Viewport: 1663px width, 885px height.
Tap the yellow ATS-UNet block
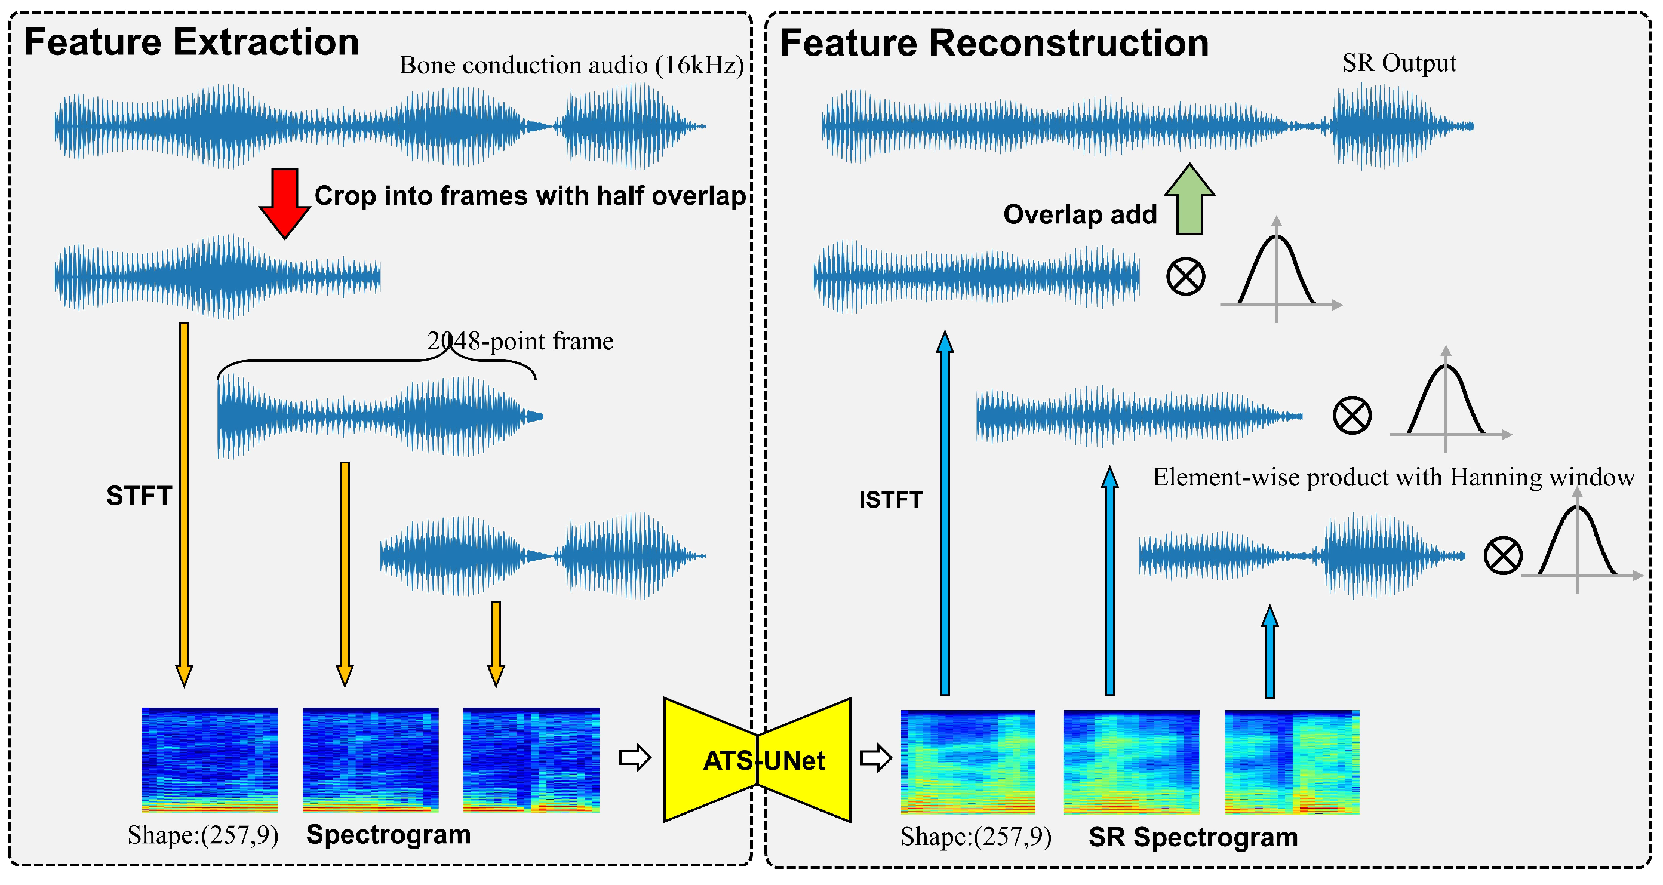pos(757,760)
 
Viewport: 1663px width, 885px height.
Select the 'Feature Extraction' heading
pos(191,42)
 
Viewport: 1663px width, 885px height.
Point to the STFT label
pos(138,496)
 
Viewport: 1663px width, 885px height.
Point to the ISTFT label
pos(890,500)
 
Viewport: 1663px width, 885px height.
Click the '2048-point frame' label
pos(520,341)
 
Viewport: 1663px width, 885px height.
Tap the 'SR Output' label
pos(1398,63)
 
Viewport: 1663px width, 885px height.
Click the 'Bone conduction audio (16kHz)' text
pos(571,65)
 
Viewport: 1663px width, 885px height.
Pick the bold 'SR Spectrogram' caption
pos(1192,837)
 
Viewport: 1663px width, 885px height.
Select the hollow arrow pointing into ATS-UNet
pos(635,757)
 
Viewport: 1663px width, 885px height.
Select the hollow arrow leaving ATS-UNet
pos(876,757)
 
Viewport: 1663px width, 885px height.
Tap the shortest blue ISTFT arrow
pos(1269,652)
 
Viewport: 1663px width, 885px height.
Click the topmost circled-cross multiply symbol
pos(1185,276)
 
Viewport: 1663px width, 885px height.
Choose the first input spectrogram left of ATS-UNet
pos(210,759)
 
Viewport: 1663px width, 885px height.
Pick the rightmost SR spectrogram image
pos(1292,762)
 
